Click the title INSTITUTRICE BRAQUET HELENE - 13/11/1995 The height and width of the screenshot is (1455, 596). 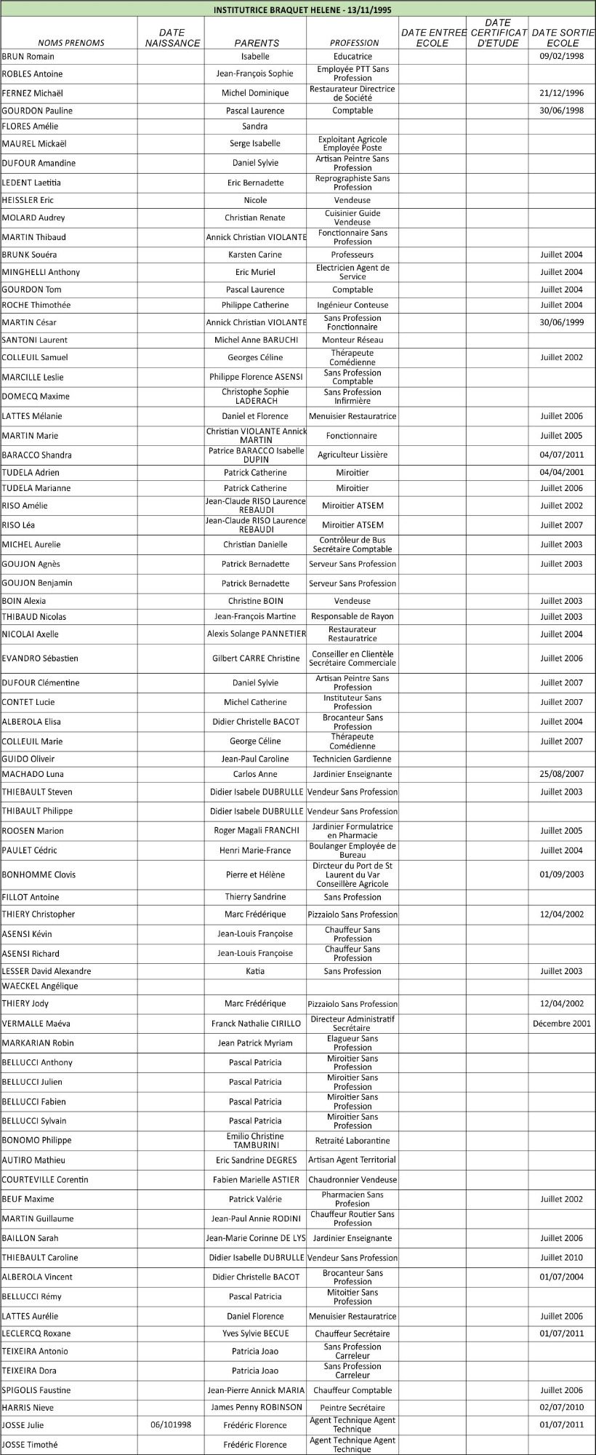coord(298,10)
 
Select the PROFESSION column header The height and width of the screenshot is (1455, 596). coord(354,43)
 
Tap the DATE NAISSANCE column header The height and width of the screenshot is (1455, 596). coord(172,38)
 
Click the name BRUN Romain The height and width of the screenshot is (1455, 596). coord(28,56)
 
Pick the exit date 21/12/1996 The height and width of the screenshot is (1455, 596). coord(562,92)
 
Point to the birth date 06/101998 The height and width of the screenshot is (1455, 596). coord(171,1424)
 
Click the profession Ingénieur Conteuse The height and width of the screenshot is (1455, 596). coord(353,305)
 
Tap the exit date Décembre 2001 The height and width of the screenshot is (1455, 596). coord(562,1023)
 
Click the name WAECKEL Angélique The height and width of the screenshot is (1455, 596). coord(40,986)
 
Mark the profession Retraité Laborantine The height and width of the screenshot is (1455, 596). coord(353,1140)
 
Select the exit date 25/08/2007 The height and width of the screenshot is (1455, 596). coord(562,774)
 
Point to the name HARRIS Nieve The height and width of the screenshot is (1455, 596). coord(28,1407)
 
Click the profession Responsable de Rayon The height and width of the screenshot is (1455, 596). coord(353,616)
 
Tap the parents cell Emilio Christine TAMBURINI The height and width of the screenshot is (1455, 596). coord(255,1140)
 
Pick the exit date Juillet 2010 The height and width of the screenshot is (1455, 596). coord(562,1257)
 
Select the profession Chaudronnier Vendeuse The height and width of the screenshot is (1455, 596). coord(353,1179)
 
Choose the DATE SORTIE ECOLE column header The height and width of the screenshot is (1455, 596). coord(563,38)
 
